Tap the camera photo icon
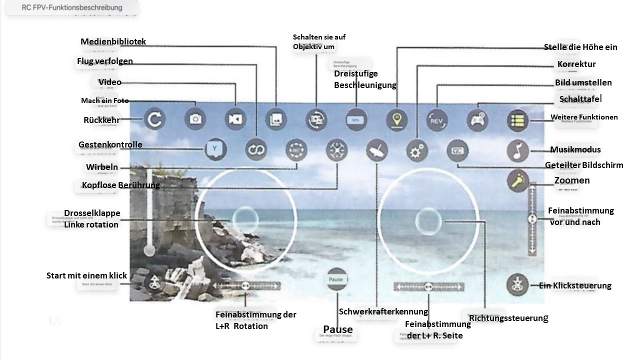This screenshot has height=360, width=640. pos(195,119)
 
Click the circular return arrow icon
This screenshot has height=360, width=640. pos(154,119)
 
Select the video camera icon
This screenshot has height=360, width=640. pos(235,119)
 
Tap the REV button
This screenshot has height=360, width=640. pos(437,120)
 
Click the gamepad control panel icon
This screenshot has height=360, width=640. pos(477,120)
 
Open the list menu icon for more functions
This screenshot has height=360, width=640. pos(517,120)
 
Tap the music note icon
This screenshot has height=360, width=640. pos(517,150)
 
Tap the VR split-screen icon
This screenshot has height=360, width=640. pos(457,150)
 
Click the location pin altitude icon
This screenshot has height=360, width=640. pos(397,120)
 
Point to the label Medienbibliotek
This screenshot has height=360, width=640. pos(113,42)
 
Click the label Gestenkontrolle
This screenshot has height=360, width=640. pos(110,145)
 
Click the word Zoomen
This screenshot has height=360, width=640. pos(572,180)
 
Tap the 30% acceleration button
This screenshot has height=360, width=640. pos(356,120)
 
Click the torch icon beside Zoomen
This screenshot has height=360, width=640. pos(517,180)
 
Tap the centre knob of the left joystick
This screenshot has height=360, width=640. pos(245,219)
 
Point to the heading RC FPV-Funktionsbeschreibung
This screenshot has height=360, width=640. pos(72,8)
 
